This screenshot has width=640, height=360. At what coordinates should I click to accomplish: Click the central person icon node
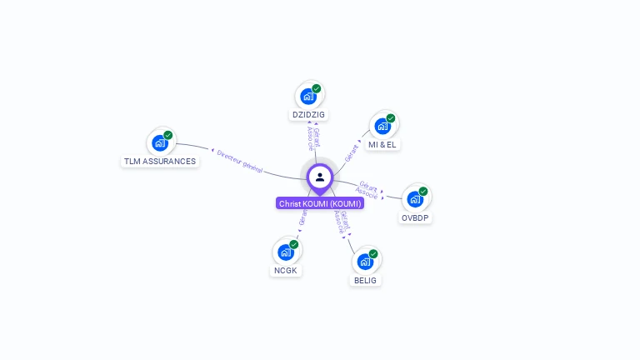320,177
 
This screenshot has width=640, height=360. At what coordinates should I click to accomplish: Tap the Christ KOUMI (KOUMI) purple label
320,203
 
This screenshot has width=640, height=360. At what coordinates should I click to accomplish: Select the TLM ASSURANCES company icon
160,142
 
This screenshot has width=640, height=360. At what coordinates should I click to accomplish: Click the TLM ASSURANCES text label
160,162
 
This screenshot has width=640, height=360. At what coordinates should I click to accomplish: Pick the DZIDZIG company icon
308,96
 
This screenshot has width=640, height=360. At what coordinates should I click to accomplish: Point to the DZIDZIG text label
308,114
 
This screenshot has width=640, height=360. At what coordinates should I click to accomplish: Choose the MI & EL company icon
382,126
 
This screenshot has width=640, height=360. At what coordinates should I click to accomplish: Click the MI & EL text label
382,144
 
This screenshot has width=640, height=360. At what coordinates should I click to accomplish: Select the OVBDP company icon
415,199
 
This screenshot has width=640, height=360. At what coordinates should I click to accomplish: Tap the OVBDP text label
415,217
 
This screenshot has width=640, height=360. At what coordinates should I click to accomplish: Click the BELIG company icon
365,262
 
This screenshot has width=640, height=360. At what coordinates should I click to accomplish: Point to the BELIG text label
365,280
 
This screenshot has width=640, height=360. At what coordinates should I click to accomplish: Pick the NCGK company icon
286,252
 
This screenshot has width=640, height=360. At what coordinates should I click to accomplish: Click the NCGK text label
286,270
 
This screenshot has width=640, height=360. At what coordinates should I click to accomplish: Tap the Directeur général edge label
239,162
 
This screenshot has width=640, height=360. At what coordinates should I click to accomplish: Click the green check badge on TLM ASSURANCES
168,135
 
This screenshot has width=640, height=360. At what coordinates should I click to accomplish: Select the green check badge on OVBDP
423,192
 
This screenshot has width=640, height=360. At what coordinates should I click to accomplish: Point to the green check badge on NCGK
294,244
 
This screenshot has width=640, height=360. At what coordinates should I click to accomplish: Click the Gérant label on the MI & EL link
352,152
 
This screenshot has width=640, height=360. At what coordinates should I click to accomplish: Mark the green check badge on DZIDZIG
317,88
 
